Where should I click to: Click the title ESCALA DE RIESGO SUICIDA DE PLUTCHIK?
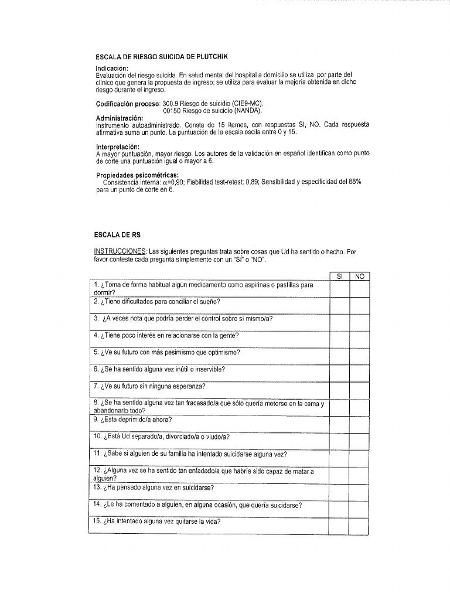pyautogui.click(x=161, y=57)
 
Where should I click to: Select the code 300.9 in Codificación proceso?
pyautogui.click(x=172, y=104)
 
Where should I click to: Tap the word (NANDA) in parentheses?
pyautogui.click(x=247, y=110)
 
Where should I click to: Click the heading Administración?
pyautogui.click(x=119, y=118)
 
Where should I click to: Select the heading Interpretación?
pyautogui.click(x=118, y=146)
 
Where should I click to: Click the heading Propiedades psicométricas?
pyautogui.click(x=133, y=175)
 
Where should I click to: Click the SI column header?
pyautogui.click(x=339, y=276)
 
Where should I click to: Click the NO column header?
pyautogui.click(x=359, y=276)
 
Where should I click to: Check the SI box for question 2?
pyautogui.click(x=339, y=305)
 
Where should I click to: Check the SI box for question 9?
pyautogui.click(x=339, y=424)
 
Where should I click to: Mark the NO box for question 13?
pyautogui.click(x=359, y=491)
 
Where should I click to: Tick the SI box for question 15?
pyautogui.click(x=339, y=525)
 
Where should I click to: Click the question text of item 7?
pyautogui.click(x=150, y=386)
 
